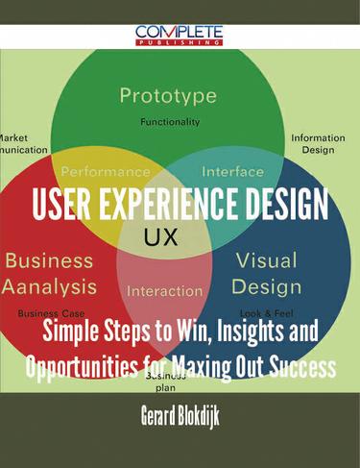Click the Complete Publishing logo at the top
click(x=180, y=34)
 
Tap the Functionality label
click(x=170, y=122)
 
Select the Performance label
click(x=106, y=172)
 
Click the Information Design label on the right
click(x=317, y=143)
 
